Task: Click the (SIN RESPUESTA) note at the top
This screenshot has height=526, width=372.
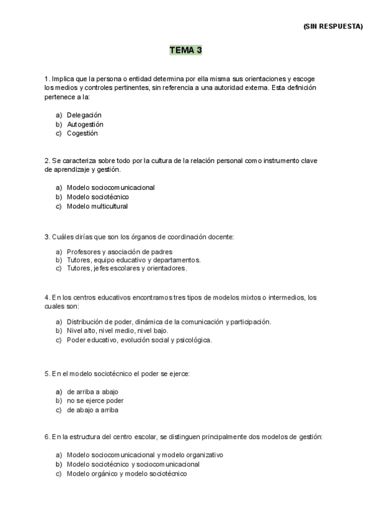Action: coord(333,27)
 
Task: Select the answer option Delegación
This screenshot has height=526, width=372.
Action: coord(84,115)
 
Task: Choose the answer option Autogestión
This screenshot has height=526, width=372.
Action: coord(85,124)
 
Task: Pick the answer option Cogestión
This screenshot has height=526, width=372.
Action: coord(82,133)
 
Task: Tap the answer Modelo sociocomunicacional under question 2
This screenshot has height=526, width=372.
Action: coord(110,187)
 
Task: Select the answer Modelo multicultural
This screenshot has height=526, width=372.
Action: coord(97,206)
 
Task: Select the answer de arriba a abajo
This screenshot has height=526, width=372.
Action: coord(92,392)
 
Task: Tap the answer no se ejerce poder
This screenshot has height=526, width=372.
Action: coord(95,401)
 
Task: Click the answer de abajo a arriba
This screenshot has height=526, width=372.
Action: coord(92,410)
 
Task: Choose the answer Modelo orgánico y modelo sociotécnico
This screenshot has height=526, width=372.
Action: coord(126,473)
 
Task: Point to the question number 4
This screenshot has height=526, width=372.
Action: coord(47,298)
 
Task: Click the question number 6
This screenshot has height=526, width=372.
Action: coord(47,437)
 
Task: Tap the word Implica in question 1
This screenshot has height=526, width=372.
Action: coord(63,79)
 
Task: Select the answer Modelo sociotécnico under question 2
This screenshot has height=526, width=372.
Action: coord(97,197)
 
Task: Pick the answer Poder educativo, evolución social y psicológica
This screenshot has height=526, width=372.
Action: coord(139,340)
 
